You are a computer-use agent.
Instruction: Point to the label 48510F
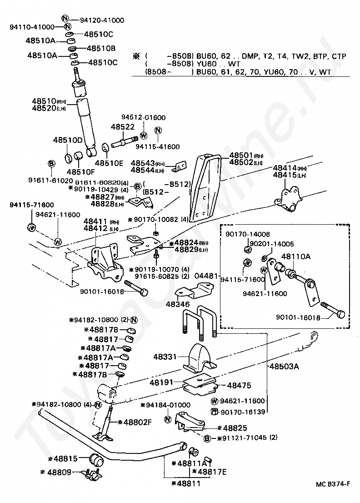tap(80, 171)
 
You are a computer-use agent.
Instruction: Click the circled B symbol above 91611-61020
tap(51, 163)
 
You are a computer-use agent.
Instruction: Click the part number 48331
tap(169, 358)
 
